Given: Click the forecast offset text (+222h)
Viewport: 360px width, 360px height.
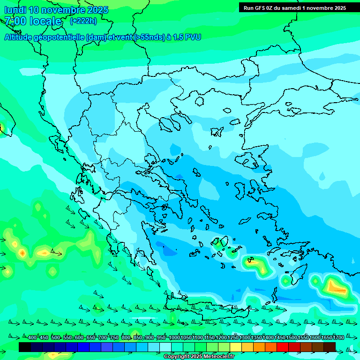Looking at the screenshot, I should [x=83, y=21].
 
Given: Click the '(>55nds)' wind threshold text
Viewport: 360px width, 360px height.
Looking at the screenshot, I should [x=150, y=37].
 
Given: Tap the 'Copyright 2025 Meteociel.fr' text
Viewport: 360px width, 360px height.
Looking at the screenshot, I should [x=199, y=357].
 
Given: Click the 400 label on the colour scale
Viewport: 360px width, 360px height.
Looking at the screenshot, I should [x=32, y=338].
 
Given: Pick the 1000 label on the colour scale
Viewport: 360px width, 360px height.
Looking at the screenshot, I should [x=174, y=338].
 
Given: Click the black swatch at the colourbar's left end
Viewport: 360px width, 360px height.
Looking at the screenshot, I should [x=25, y=347].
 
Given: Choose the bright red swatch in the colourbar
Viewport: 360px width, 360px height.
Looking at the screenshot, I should [x=283, y=347].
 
